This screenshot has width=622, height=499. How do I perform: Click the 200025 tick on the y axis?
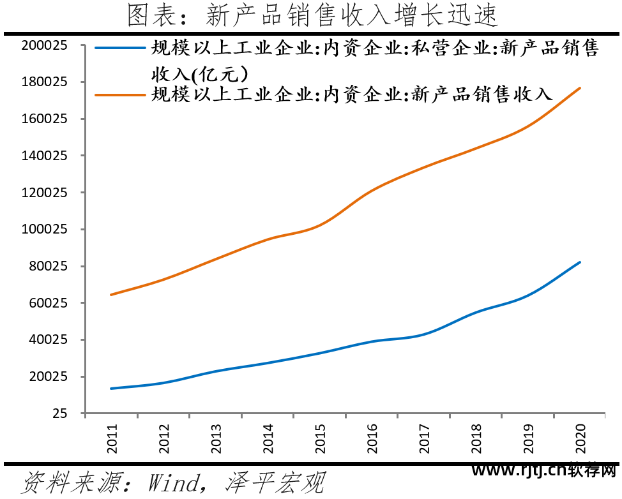pos(44,45)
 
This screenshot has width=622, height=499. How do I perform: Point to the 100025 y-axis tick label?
pos(44,229)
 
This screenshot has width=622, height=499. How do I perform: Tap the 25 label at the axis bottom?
pos(60,413)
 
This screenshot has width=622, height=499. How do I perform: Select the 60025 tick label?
pos(47,303)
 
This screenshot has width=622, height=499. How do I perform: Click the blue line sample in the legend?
pos(121,48)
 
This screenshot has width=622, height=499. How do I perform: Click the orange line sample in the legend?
pos(121,94)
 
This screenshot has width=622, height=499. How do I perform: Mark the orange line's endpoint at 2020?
pos(580,87)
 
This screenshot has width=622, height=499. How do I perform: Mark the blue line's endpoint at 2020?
pos(580,262)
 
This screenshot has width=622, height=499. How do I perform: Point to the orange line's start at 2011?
pos(111,295)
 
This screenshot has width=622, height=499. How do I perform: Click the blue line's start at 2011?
pos(111,388)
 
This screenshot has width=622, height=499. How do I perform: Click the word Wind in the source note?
pos(172,483)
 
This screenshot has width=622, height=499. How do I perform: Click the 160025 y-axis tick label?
pos(44,119)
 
